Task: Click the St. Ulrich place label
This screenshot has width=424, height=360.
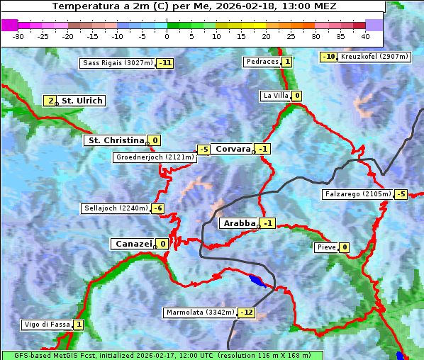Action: (82, 101)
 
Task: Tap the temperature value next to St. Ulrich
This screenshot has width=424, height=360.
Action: (50, 101)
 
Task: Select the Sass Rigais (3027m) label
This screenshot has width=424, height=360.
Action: (117, 63)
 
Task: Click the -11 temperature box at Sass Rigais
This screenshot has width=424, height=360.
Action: (165, 63)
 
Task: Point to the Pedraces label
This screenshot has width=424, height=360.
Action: (262, 62)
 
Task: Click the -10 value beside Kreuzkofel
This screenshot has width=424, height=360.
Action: (328, 57)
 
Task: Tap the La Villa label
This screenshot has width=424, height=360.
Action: (275, 96)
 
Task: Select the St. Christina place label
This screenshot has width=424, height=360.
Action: (115, 140)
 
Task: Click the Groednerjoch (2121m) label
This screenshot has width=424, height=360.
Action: (155, 157)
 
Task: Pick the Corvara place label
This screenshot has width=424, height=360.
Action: (233, 149)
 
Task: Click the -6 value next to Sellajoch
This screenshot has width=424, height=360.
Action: (157, 208)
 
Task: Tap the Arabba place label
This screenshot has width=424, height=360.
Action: (239, 223)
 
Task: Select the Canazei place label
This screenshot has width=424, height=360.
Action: (132, 244)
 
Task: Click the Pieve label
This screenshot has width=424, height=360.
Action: (326, 247)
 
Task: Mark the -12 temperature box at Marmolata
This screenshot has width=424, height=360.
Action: (246, 313)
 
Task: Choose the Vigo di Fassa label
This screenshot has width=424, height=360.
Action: (47, 325)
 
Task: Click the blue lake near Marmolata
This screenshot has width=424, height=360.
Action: (258, 281)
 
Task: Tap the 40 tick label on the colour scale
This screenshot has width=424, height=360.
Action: (365, 36)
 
